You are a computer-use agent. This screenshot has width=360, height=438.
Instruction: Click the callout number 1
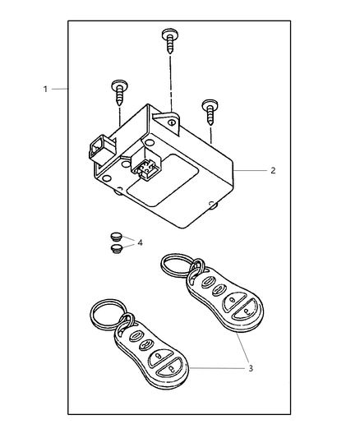tap(45, 90)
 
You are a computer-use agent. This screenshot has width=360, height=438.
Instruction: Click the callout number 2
tap(273, 170)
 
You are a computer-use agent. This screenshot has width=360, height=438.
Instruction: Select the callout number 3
tap(251, 368)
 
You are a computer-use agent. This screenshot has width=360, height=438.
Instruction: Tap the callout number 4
tap(140, 242)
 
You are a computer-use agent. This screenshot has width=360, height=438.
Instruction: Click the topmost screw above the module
tap(170, 41)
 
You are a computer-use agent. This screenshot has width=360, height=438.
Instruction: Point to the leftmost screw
tap(119, 93)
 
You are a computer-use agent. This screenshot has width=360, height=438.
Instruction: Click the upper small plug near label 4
tap(115, 237)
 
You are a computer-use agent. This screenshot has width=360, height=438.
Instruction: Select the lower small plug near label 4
tap(116, 249)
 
